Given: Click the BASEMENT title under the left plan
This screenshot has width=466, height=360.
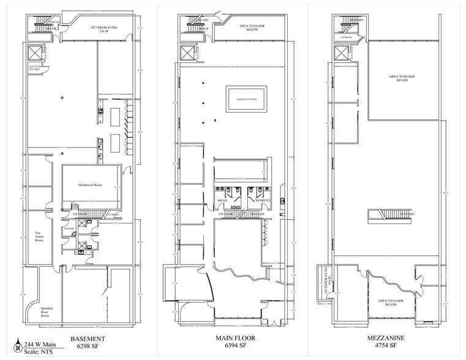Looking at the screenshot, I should click(87, 339).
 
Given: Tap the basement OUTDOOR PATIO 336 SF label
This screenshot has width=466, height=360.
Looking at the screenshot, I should click(103, 30).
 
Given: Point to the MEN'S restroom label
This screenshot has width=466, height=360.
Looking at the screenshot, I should click(222, 200).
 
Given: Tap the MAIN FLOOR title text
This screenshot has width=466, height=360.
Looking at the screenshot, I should click(231, 339).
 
